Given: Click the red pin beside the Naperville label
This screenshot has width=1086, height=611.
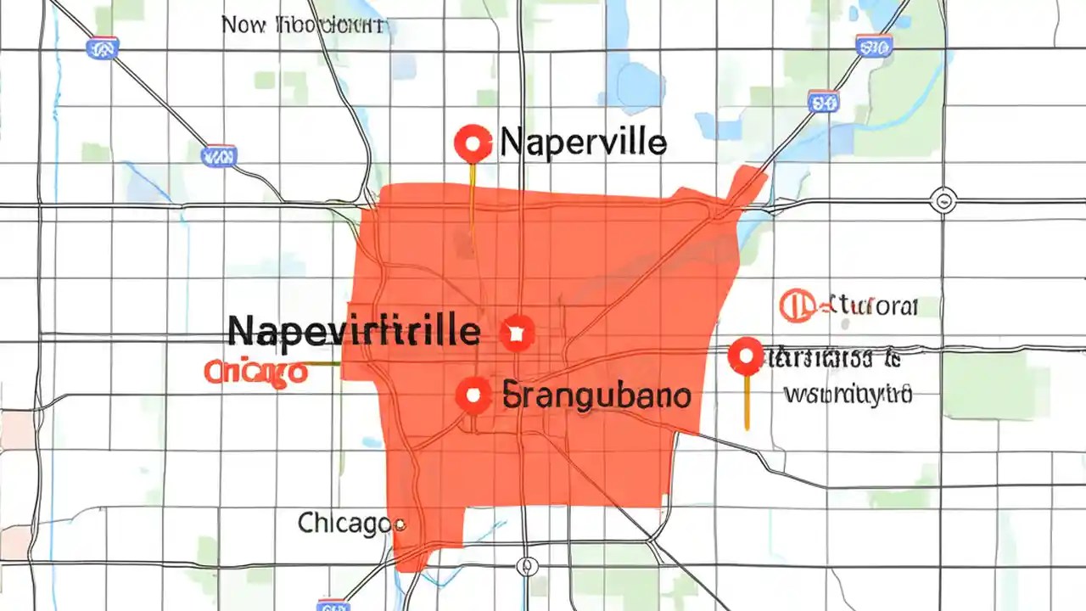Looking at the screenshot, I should (x=473, y=143).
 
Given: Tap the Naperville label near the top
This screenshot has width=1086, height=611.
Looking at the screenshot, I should (x=584, y=142).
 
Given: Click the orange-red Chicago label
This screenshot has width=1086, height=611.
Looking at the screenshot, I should (x=255, y=371).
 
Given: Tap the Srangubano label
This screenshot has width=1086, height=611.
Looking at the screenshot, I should (x=596, y=395).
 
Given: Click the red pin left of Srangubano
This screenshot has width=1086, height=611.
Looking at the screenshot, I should (x=473, y=395).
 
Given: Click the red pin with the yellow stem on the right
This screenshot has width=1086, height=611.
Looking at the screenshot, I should (x=746, y=356).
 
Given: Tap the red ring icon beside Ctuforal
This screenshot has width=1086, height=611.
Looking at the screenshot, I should (x=793, y=305).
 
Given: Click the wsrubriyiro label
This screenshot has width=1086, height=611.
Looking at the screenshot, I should (x=848, y=394).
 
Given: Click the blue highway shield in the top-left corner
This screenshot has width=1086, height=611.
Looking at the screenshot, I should (x=104, y=48).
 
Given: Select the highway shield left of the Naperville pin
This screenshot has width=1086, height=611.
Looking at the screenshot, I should (x=219, y=155).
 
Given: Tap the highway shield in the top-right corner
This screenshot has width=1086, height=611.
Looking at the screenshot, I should (x=873, y=45).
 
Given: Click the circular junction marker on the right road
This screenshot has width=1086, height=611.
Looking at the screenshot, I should (x=943, y=201).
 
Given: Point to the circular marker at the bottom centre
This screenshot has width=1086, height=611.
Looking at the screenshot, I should (x=526, y=565).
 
